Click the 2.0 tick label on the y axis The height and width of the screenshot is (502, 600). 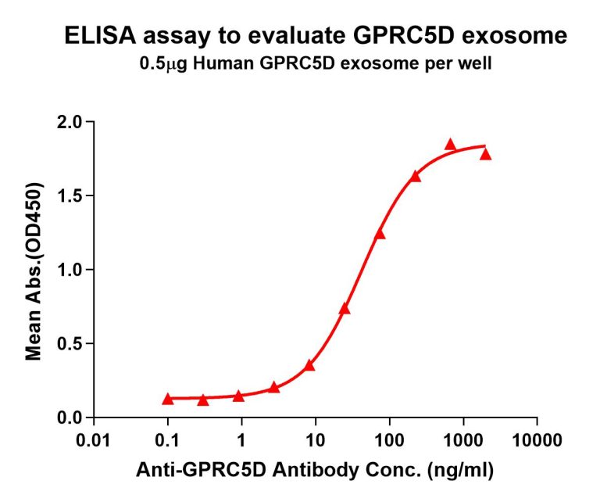(71, 122)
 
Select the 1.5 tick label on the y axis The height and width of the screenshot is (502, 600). (71, 195)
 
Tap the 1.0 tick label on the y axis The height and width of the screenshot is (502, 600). (71, 270)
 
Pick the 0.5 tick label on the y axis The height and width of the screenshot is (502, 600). (71, 343)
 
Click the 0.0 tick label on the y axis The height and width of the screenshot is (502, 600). (71, 418)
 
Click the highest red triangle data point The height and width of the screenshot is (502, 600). (450, 144)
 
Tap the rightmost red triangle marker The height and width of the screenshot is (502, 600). (485, 154)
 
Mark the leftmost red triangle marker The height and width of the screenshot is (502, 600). (168, 399)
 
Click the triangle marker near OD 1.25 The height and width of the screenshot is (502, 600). (380, 234)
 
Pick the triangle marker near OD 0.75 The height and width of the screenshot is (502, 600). (345, 308)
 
